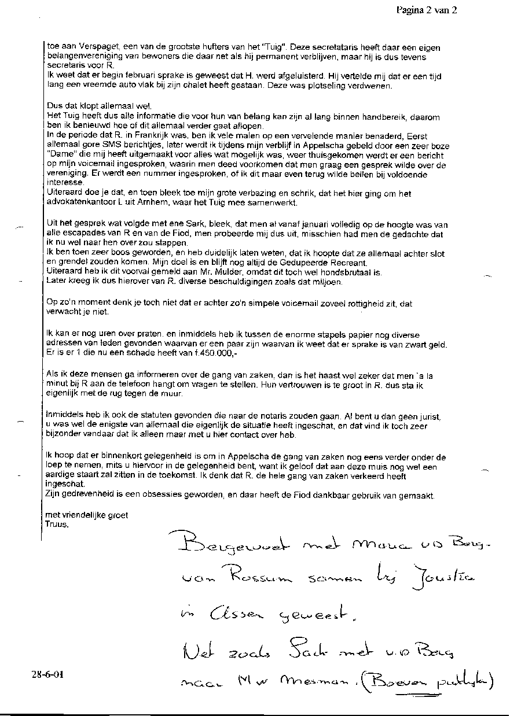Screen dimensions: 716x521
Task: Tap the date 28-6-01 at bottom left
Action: [47, 674]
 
